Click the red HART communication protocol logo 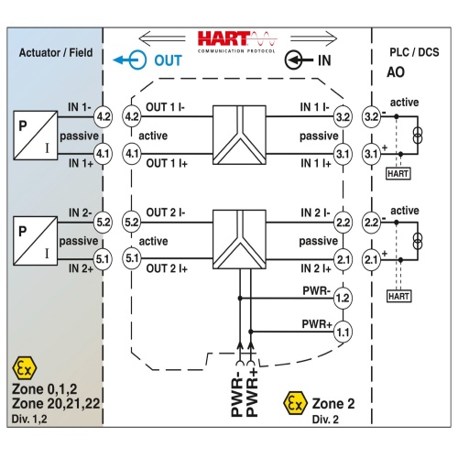[237, 42]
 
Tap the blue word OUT [168, 60]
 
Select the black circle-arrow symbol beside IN [299, 60]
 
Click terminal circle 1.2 [343, 298]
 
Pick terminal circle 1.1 [343, 332]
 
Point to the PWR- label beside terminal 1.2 [316, 290]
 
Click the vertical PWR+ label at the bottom [252, 393]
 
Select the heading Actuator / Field [56, 52]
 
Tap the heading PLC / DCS [414, 52]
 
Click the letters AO [396, 72]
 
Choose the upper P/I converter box [36, 136]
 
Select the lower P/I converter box [36, 241]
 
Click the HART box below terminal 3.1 [398, 173]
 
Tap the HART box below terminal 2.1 [399, 296]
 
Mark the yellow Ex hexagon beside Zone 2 [295, 403]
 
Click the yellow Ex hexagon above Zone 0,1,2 [25, 368]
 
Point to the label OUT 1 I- [165, 107]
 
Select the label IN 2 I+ [316, 268]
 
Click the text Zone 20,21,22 [56, 404]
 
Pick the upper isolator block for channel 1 [239, 136]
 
